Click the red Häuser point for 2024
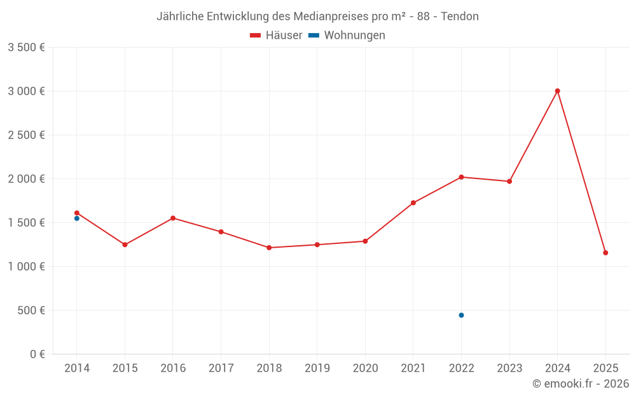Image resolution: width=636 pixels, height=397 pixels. pyautogui.click(x=557, y=91)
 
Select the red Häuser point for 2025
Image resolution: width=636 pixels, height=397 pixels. pyautogui.click(x=605, y=253)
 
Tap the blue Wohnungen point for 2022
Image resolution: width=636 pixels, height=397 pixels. pyautogui.click(x=461, y=315)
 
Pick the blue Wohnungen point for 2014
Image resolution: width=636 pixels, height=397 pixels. pyautogui.click(x=77, y=219)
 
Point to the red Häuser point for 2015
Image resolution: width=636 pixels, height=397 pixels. pyautogui.click(x=125, y=245)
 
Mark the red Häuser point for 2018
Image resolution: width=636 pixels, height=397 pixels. pyautogui.click(x=269, y=248)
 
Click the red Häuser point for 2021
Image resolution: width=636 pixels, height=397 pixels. pyautogui.click(x=413, y=203)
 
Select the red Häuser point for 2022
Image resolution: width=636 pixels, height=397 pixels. pyautogui.click(x=461, y=177)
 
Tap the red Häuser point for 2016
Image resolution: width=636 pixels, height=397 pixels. pyautogui.click(x=173, y=218)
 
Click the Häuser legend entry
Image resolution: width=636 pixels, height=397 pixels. pyautogui.click(x=276, y=36)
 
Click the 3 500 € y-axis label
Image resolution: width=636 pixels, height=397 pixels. pyautogui.click(x=26, y=48)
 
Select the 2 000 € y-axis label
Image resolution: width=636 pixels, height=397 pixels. pyautogui.click(x=26, y=179)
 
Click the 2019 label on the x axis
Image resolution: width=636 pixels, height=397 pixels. pyautogui.click(x=317, y=368)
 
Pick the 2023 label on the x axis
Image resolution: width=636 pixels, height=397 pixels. pyautogui.click(x=509, y=368)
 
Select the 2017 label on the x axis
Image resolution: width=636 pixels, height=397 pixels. pyautogui.click(x=221, y=368)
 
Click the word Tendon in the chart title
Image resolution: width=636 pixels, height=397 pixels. pyautogui.click(x=460, y=17)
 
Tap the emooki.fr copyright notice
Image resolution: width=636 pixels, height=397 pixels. pyautogui.click(x=581, y=384)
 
